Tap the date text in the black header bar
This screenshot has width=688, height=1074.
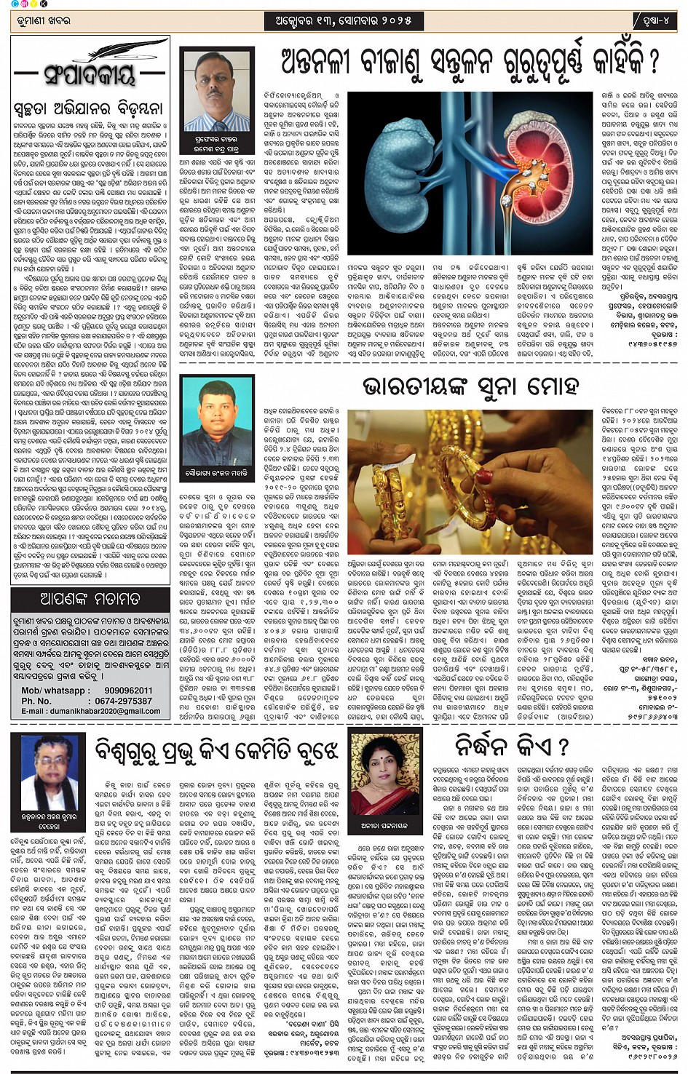[344, 21]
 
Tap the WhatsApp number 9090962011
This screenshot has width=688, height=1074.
[128, 691]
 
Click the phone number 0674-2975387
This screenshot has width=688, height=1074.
[128, 701]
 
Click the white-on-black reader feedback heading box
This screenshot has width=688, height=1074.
[90, 599]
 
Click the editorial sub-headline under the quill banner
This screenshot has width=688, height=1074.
[88, 109]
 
